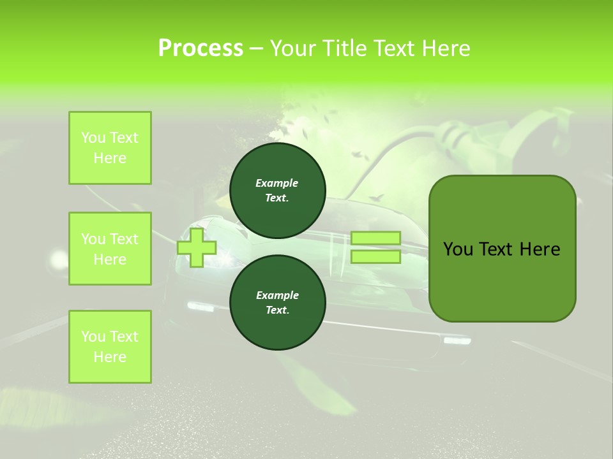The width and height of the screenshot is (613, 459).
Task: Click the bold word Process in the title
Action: pyautogui.click(x=201, y=48)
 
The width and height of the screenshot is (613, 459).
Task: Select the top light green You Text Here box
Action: pyautogui.click(x=110, y=148)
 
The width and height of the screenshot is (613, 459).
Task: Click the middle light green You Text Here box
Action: pyautogui.click(x=110, y=249)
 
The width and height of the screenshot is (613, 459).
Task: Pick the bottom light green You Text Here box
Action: pyautogui.click(x=110, y=347)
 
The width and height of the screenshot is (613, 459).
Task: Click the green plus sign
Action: pyautogui.click(x=197, y=248)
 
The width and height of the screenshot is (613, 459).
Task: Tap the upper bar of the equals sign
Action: pyautogui.click(x=375, y=238)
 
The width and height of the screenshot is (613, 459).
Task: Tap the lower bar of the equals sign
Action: pyautogui.click(x=375, y=257)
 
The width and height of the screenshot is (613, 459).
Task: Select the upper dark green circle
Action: pyautogui.click(x=277, y=190)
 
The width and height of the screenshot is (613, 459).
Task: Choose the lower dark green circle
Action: pyautogui.click(x=277, y=302)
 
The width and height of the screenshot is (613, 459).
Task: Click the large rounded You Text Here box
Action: pyautogui.click(x=502, y=249)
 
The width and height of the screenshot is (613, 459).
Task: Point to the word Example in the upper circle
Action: pyautogui.click(x=277, y=183)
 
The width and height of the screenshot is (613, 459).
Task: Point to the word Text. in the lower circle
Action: pyautogui.click(x=277, y=310)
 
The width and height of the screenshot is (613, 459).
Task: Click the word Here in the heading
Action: pyautogui.click(x=446, y=48)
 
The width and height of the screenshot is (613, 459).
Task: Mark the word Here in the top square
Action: pyautogui.click(x=110, y=158)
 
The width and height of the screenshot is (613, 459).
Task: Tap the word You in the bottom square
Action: pyautogui.click(x=93, y=337)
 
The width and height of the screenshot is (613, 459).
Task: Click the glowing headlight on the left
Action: pyautogui.click(x=59, y=258)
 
